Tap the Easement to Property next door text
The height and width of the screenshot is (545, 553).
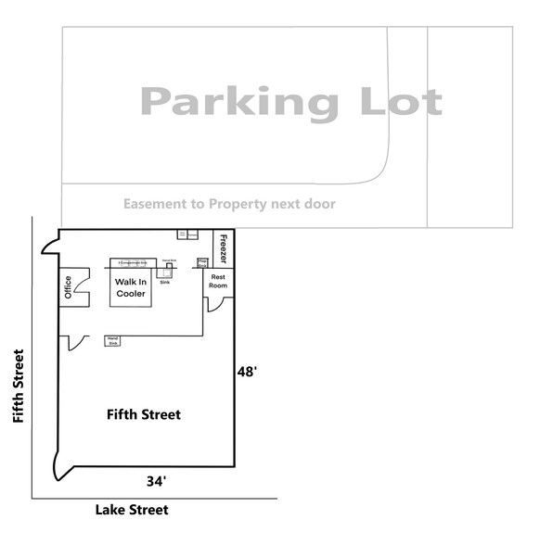pyautogui.click(x=229, y=204)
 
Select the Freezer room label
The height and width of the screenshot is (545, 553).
pyautogui.click(x=223, y=248)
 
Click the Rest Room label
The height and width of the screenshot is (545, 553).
pyautogui.click(x=219, y=282)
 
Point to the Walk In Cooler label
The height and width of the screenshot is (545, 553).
pyautogui.click(x=131, y=287)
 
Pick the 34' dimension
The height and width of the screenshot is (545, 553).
pyautogui.click(x=156, y=481)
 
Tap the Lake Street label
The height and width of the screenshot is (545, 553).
pyautogui.click(x=133, y=510)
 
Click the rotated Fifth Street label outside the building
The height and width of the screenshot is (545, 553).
pyautogui.click(x=18, y=386)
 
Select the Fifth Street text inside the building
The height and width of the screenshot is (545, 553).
pyautogui.click(x=143, y=414)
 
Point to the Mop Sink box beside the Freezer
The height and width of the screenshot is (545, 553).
pyautogui.click(x=202, y=262)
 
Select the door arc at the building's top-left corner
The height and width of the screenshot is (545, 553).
pyautogui.click(x=49, y=245)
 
